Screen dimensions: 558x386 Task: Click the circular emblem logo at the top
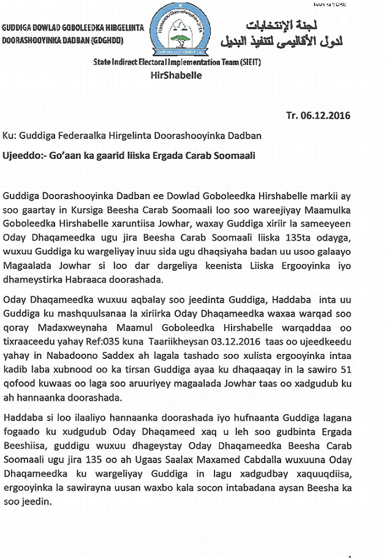(179, 29)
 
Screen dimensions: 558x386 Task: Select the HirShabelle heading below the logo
(175, 76)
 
